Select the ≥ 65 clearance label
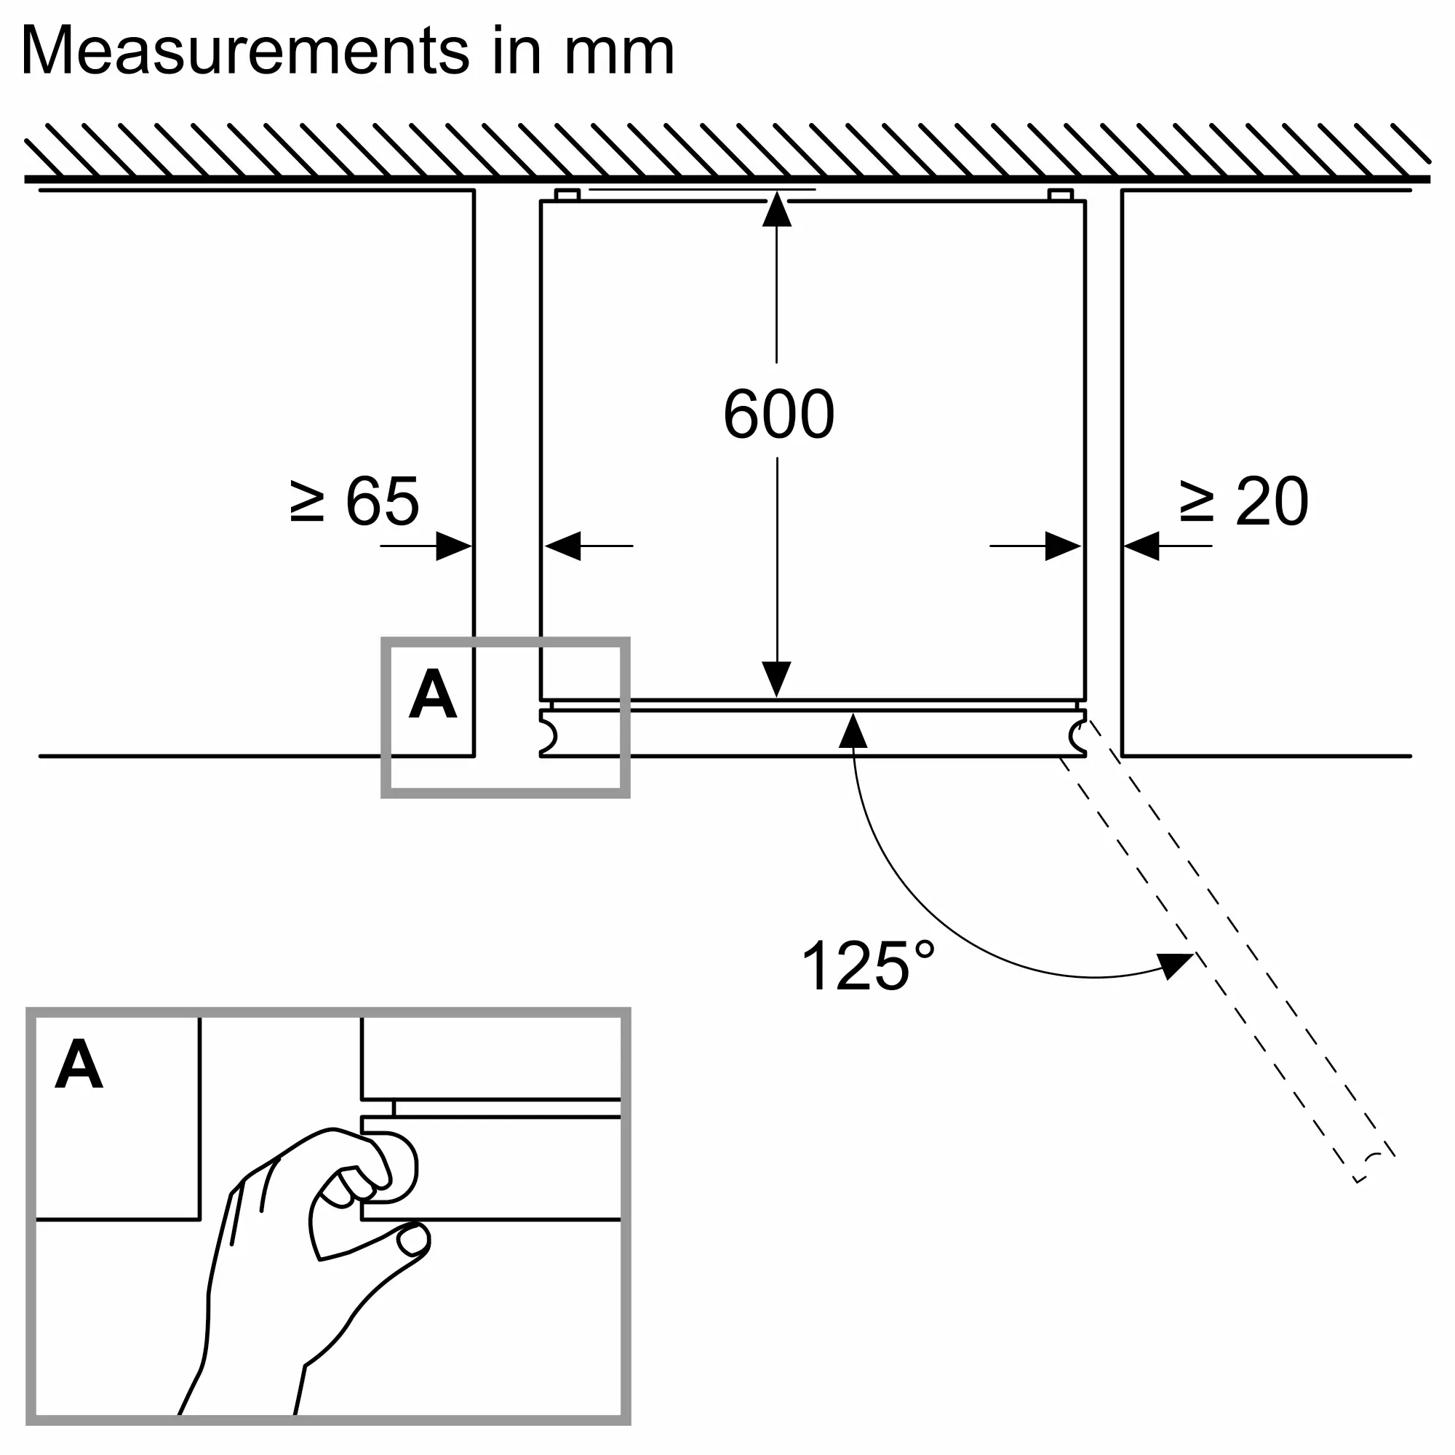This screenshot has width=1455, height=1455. point(354,501)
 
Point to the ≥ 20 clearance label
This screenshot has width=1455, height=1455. point(1243,501)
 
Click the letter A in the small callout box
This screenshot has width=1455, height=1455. point(432,694)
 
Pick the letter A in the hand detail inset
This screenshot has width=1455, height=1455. point(79,1064)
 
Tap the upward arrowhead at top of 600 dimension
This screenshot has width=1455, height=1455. point(776,210)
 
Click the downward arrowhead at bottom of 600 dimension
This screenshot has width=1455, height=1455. point(776,678)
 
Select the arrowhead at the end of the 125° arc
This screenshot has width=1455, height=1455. point(1176,964)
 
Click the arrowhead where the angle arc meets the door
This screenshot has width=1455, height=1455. point(853,730)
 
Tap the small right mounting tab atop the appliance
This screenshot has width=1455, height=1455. point(1060,195)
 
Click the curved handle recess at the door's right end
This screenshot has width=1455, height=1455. point(1077,736)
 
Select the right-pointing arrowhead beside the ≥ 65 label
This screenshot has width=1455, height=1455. point(453,546)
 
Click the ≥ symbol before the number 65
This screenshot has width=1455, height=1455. point(306,502)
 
